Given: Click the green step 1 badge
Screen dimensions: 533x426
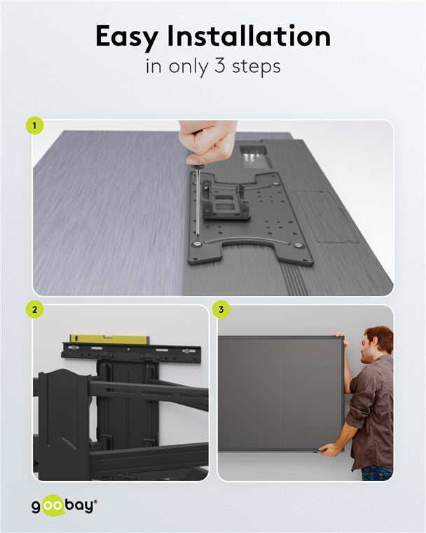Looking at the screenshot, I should [x=34, y=126].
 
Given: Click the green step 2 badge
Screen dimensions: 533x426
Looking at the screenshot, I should [x=34, y=309].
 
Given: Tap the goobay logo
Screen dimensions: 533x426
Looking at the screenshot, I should [x=63, y=506].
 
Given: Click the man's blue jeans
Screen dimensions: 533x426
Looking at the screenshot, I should [x=376, y=473].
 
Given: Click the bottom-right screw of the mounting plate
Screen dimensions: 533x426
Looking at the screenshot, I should [x=299, y=245].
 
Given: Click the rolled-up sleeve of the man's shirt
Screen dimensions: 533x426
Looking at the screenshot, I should [x=355, y=418].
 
